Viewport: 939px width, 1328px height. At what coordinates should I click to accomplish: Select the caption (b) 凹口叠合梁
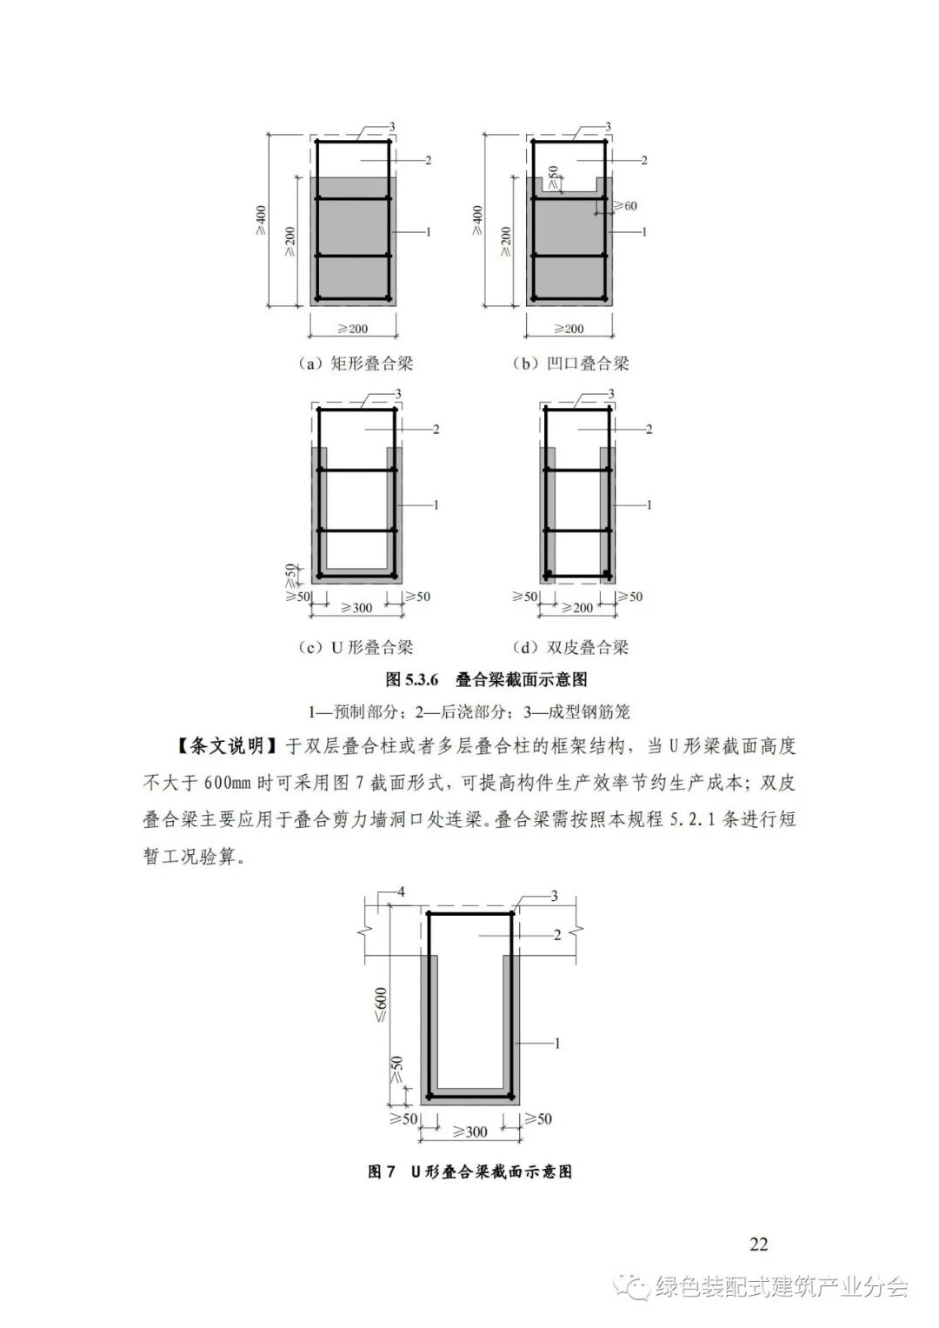click(569, 364)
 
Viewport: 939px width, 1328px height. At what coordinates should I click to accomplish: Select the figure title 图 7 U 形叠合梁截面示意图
click(469, 1171)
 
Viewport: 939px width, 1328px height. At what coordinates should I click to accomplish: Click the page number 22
click(758, 1244)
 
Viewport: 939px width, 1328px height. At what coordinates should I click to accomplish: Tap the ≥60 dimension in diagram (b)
click(624, 206)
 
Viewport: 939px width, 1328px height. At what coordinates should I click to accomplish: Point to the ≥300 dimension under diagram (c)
click(356, 608)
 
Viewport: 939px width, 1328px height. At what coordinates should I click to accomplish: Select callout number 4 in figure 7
click(401, 892)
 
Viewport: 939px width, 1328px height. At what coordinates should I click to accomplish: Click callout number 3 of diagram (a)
click(392, 128)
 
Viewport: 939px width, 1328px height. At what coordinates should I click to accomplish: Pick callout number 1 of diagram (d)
click(649, 504)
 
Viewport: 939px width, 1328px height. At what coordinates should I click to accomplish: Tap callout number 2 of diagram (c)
click(435, 429)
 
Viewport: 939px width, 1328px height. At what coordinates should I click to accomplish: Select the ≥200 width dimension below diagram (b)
click(569, 329)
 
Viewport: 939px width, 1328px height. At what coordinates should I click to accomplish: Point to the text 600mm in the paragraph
click(227, 782)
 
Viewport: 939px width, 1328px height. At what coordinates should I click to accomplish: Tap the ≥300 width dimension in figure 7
click(470, 1131)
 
